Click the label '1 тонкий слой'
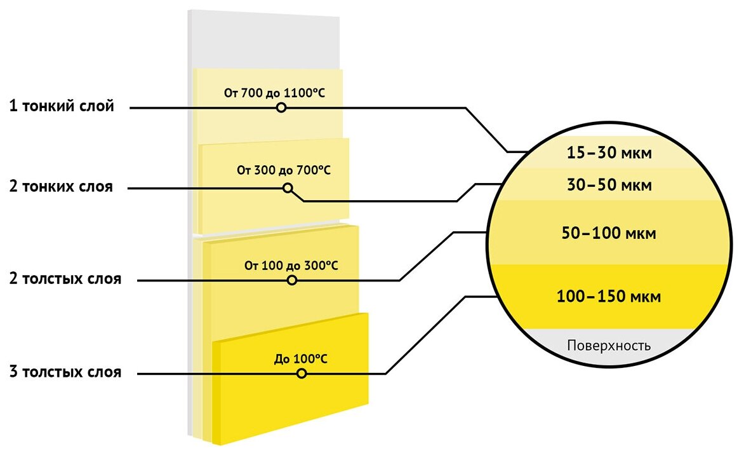[x=62, y=107]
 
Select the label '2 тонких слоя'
[x=61, y=187]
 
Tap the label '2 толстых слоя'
[x=65, y=280]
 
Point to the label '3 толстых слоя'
[x=65, y=372]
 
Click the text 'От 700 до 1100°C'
[x=274, y=93]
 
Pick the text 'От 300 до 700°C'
[x=284, y=170]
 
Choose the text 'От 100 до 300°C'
[x=291, y=265]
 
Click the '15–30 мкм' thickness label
[x=609, y=154]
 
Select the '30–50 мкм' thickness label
[x=609, y=186]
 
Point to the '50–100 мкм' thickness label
[x=609, y=233]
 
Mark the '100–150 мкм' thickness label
[x=609, y=297]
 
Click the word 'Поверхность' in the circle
[x=609, y=346]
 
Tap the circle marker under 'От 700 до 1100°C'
[x=281, y=108]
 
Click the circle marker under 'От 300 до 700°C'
[x=288, y=188]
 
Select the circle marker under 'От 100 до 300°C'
[x=292, y=280]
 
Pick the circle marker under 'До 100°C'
[x=302, y=374]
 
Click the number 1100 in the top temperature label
[x=296, y=93]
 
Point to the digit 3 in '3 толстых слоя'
[x=13, y=372]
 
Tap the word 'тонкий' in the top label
[x=50, y=107]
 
